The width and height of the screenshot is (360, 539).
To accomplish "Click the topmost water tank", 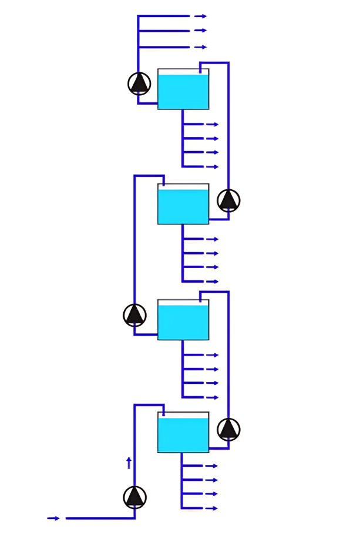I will (183, 89).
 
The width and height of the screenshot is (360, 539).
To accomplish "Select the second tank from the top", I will (183, 204).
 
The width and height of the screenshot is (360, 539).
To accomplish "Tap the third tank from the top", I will (183, 320).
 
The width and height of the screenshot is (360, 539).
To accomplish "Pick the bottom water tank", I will (183, 433).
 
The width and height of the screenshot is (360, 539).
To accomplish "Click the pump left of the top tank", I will (139, 83).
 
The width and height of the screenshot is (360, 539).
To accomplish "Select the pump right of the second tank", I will (228, 200).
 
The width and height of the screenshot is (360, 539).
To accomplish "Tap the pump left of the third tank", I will (134, 315).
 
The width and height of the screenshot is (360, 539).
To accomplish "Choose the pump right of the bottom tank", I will (228, 429).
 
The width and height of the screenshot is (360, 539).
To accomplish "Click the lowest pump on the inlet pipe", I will (134, 497).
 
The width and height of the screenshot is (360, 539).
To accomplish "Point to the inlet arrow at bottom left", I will (53, 518).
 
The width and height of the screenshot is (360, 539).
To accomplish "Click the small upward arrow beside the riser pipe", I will (129, 463).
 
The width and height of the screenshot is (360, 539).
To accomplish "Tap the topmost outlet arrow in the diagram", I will (201, 16).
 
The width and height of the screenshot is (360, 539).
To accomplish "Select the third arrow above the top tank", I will (201, 47).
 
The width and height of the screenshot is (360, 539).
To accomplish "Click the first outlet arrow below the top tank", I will (212, 125).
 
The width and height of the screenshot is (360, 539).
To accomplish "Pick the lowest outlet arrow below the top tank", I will (212, 167).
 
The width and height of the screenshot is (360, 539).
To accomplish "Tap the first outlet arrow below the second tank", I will (212, 239).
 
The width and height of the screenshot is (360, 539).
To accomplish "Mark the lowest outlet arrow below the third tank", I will (212, 398).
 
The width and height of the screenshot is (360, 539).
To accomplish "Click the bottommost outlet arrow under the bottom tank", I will (211, 508).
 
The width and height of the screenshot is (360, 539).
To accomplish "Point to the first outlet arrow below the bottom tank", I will (211, 466).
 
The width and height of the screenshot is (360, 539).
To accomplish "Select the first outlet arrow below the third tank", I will (212, 355).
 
